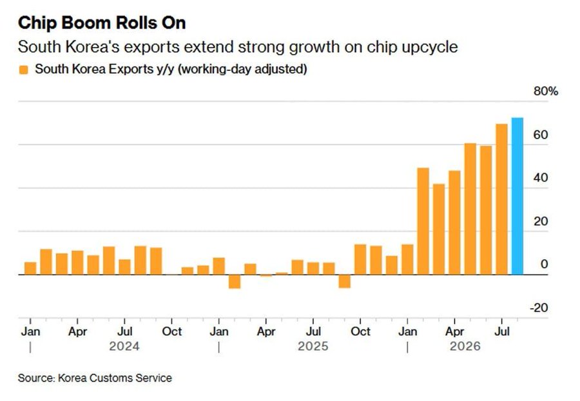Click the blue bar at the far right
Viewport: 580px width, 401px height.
(517, 196)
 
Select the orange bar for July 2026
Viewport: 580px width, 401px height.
(501, 199)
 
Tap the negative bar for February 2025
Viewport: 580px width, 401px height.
(235, 282)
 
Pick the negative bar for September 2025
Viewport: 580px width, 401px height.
(344, 281)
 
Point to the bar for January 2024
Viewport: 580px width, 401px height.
(30, 269)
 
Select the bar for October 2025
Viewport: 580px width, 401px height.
(360, 260)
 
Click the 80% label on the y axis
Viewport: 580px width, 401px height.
(546, 91)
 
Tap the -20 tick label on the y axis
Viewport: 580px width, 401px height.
(539, 308)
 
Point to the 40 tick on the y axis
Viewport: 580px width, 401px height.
(541, 178)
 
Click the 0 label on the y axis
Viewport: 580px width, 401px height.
(544, 264)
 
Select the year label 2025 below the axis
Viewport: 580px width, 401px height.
(313, 346)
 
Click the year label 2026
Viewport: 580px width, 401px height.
(465, 346)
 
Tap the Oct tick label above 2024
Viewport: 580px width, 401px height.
(172, 331)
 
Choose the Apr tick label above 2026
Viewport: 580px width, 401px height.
(454, 331)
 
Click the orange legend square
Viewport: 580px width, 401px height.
(23, 70)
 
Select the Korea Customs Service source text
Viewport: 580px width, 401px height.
(115, 378)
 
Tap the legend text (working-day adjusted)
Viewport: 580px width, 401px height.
(242, 69)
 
